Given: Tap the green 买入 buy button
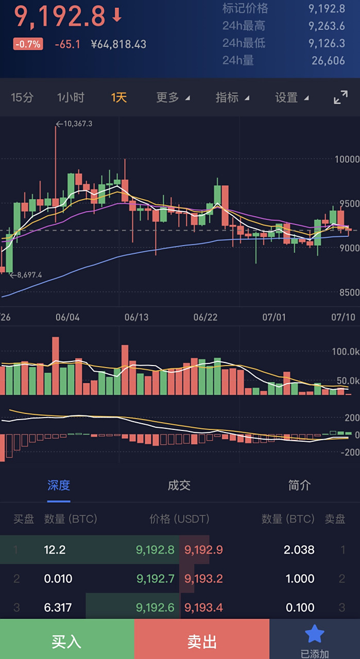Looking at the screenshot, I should pyautogui.click(x=67, y=641).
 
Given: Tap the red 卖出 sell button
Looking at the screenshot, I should pyautogui.click(x=201, y=641).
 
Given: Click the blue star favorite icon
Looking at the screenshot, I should pyautogui.click(x=314, y=634).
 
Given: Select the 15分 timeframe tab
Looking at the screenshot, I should pyautogui.click(x=22, y=97).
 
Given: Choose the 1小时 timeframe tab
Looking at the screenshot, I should pyautogui.click(x=71, y=97).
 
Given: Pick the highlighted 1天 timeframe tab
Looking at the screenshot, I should pyautogui.click(x=119, y=97).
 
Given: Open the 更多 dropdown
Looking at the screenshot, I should pyautogui.click(x=173, y=97).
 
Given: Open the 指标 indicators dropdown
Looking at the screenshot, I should pyautogui.click(x=232, y=97).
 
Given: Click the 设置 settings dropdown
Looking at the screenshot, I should pyautogui.click(x=292, y=97).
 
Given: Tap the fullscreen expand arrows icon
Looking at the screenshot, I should pyautogui.click(x=340, y=97).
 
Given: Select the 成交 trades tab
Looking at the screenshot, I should pyautogui.click(x=179, y=485).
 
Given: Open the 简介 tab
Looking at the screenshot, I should pyautogui.click(x=299, y=485).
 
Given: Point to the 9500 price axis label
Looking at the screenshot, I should pyautogui.click(x=347, y=203).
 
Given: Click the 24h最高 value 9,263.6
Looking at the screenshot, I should pyautogui.click(x=327, y=26).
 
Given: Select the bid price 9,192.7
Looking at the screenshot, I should pyautogui.click(x=155, y=579).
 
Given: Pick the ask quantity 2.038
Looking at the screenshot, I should pyautogui.click(x=299, y=550).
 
